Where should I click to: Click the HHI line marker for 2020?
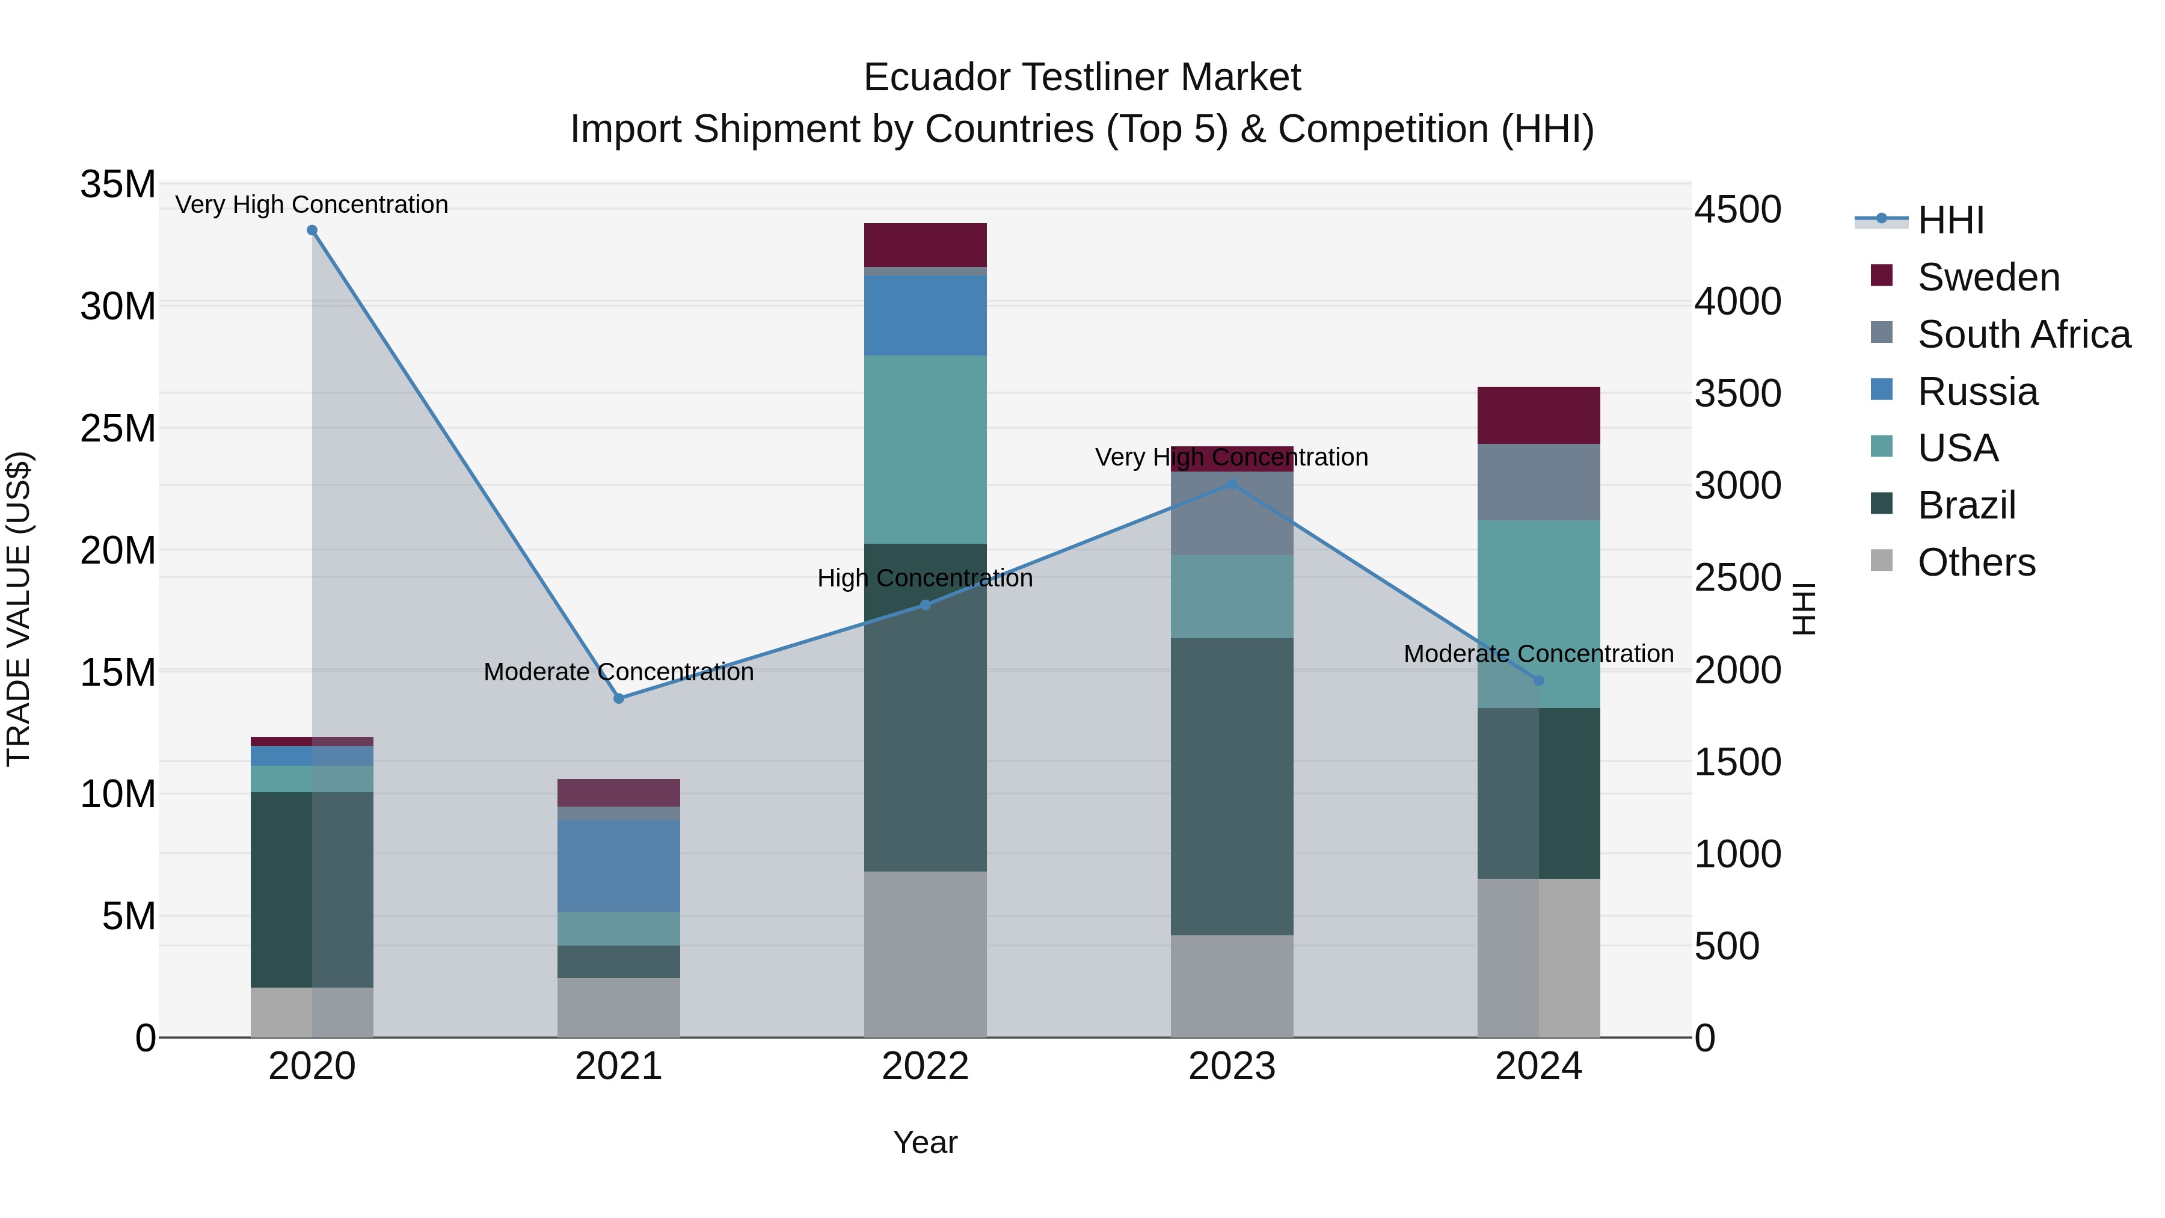click(x=312, y=230)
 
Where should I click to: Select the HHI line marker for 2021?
click(x=619, y=698)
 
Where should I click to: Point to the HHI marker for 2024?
click(x=1539, y=680)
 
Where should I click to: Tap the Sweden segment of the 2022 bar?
click(x=926, y=245)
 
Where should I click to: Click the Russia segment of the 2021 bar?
click(x=619, y=866)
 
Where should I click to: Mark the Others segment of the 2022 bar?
click(x=926, y=954)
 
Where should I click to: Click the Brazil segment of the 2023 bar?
click(x=1232, y=786)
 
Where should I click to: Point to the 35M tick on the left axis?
click(x=118, y=184)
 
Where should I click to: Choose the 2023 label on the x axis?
click(x=1232, y=1066)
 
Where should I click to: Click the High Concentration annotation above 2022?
click(x=926, y=578)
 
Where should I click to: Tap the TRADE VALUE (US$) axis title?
click(x=19, y=609)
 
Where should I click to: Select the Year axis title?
click(x=926, y=1142)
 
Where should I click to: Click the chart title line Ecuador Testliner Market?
click(x=1082, y=78)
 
